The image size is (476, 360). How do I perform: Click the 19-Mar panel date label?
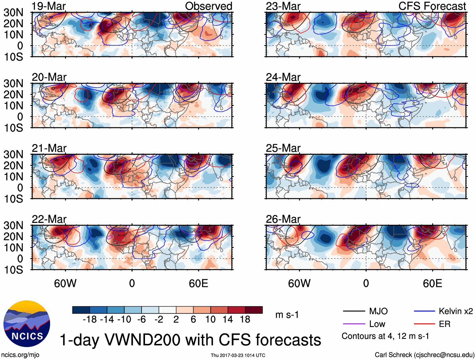click(x=49, y=6)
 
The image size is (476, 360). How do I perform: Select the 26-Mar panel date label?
click(x=283, y=219)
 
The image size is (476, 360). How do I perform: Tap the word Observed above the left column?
click(x=208, y=6)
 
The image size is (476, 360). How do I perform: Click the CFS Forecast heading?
click(x=432, y=6)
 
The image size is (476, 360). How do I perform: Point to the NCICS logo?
click(x=27, y=324)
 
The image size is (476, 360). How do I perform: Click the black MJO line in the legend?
click(x=354, y=311)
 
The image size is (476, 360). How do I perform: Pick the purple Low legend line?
click(x=354, y=324)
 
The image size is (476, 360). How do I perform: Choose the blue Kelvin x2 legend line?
click(x=424, y=311)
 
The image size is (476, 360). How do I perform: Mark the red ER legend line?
click(x=424, y=324)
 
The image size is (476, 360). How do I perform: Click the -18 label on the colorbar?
click(x=90, y=320)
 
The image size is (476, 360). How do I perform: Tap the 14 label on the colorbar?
click(x=228, y=320)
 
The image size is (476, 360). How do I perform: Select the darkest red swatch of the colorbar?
click(x=254, y=310)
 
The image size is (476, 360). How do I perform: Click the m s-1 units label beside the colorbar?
click(x=287, y=315)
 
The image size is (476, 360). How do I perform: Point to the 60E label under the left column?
click(x=198, y=283)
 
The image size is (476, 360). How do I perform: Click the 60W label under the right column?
click(x=299, y=283)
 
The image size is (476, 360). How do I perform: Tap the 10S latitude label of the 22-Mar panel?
click(x=13, y=270)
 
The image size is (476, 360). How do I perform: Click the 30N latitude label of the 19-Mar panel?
click(x=13, y=13)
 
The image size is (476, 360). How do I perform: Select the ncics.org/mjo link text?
click(x=20, y=355)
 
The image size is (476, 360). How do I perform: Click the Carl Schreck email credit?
click(x=424, y=355)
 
